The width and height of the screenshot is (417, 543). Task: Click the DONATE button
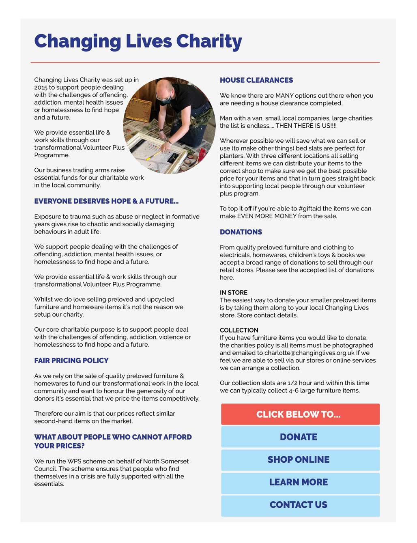pos(299,437)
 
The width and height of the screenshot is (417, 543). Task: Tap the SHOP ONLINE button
pos(299,460)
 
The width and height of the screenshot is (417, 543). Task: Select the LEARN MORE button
pos(299,483)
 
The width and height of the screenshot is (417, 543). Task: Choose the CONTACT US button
pos(299,505)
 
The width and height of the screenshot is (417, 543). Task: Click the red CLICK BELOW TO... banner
pos(299,414)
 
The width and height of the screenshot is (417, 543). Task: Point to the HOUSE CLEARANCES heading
pos(256,80)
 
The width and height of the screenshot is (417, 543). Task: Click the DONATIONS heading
pos(241,232)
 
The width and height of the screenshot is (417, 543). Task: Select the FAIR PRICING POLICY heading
pos(71,361)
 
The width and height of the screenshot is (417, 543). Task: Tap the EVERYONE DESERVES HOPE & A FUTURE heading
pos(106,201)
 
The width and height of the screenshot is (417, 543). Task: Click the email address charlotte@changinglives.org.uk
pos(310,353)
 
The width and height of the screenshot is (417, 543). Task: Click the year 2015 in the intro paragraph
pos(41,87)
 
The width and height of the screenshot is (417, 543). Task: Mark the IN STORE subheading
pos(234,292)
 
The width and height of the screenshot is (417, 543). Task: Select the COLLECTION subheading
pos(239,330)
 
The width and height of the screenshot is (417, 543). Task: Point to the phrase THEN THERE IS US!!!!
pos(306,126)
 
